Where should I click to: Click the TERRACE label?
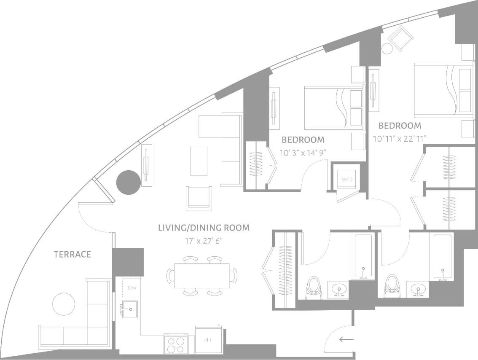(x=72, y=254)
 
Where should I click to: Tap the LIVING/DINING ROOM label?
(x=204, y=228)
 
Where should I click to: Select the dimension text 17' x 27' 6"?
(x=204, y=241)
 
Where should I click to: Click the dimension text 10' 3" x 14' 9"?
(x=303, y=152)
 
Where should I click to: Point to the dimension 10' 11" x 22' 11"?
(x=400, y=138)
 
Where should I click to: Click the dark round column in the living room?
(x=128, y=182)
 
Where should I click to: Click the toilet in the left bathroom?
(x=313, y=287)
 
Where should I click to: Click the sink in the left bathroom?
(x=338, y=290)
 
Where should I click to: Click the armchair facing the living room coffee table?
(x=199, y=198)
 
